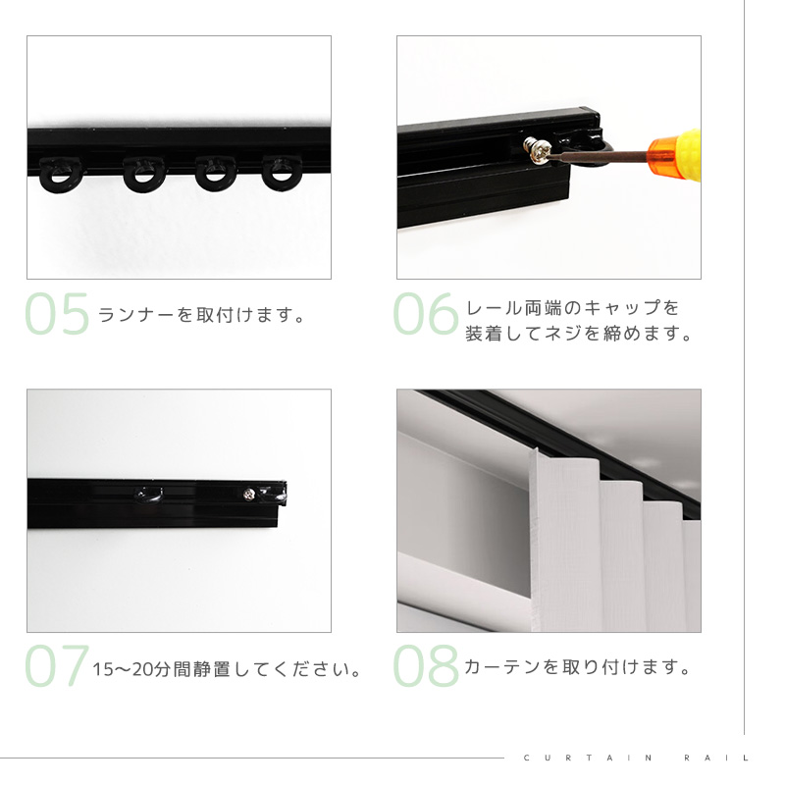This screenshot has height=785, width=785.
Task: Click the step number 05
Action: pos(57,314)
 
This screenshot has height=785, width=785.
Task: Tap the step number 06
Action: pos(426,314)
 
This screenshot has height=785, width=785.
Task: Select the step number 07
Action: pos(57,666)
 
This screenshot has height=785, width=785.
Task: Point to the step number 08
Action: pos(426,666)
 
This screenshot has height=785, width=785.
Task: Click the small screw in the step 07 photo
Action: pos(249,495)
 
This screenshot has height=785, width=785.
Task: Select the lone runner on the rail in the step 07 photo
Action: pos(149,494)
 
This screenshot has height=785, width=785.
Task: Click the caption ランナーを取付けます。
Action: pos(202,315)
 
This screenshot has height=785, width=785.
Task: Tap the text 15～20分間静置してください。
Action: pos(227,669)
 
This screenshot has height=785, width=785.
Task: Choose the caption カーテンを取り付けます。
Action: pos(578,667)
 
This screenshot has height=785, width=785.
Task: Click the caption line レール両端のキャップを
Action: pos(573,308)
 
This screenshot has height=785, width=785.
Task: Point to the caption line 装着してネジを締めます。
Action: pos(579,333)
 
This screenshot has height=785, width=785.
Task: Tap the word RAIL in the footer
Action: pos(716,758)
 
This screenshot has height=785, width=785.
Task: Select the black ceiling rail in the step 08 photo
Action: pos(560,450)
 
